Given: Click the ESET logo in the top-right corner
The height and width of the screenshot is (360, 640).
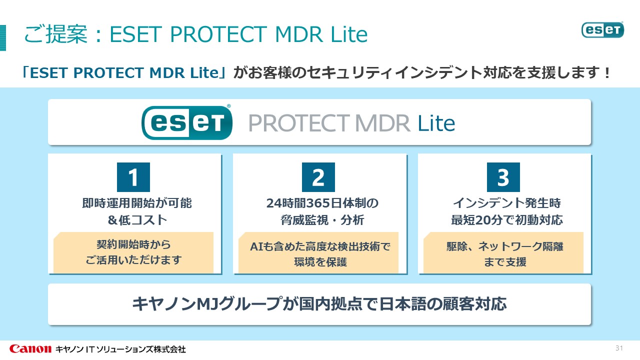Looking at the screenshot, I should (x=602, y=29).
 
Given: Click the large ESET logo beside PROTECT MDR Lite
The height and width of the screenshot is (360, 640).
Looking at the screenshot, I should (x=187, y=122).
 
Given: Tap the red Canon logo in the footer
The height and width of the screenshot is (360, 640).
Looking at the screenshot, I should (x=30, y=348).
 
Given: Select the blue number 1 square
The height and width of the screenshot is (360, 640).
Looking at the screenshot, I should (x=133, y=177).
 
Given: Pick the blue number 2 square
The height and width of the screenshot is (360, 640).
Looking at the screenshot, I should (x=318, y=177).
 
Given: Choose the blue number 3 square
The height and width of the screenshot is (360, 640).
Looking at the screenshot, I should (x=503, y=177).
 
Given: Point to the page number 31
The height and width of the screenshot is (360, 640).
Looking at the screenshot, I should (x=618, y=348).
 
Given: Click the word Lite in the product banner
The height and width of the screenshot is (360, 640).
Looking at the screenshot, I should (x=436, y=123).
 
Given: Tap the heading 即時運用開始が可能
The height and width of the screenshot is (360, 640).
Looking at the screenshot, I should (x=136, y=203).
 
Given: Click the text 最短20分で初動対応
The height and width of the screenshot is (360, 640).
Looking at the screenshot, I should (x=506, y=219).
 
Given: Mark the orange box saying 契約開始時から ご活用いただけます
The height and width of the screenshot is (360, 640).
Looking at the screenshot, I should (x=133, y=252).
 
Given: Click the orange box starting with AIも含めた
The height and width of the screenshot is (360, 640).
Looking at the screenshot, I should (x=318, y=253).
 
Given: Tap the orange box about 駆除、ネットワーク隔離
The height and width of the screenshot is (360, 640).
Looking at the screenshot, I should (x=503, y=253).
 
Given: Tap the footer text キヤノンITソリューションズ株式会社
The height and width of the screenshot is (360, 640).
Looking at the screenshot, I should (x=120, y=349).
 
